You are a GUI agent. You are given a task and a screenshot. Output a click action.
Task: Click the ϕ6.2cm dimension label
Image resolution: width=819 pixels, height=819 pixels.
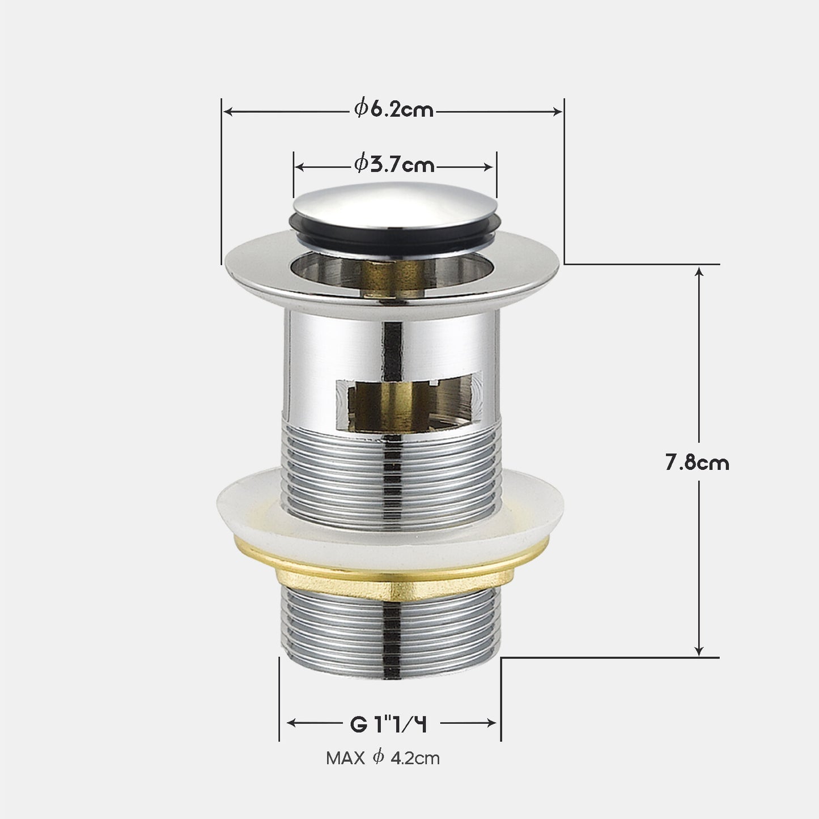click(394, 110)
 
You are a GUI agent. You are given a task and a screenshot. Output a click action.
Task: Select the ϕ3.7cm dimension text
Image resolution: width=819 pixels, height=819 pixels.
click(394, 165)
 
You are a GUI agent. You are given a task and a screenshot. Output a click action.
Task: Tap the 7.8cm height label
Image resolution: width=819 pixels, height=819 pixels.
click(697, 462)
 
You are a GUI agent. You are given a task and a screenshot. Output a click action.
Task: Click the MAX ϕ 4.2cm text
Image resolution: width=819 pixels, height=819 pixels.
click(383, 758)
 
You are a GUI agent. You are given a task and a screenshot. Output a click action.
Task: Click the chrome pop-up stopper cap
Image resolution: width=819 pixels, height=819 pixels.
click(395, 204)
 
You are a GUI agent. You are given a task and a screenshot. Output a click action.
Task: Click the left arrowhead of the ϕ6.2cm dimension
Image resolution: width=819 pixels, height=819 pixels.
click(227, 112)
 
